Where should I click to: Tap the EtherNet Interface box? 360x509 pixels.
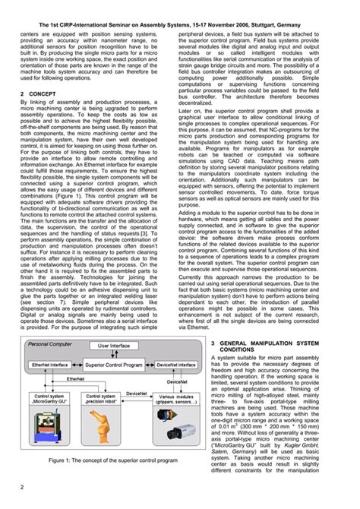(x=49, y=365)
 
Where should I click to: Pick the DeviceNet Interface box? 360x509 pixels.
(x=173, y=365)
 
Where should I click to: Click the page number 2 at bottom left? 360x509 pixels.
(x=23, y=487)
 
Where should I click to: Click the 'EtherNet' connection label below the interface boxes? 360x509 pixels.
(x=75, y=378)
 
